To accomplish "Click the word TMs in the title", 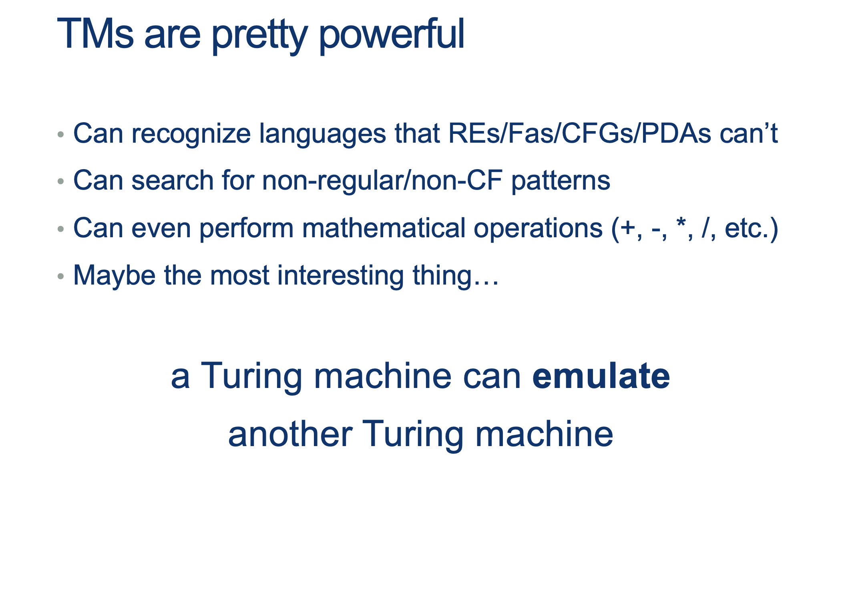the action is (x=95, y=34).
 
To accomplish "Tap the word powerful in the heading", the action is (x=392, y=35).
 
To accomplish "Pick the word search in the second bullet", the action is (x=173, y=180).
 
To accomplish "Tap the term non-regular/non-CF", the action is (x=382, y=181).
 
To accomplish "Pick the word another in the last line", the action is (x=290, y=434).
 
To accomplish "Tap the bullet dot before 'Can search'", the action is (x=61, y=182).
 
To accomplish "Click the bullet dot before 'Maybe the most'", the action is (x=61, y=276).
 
